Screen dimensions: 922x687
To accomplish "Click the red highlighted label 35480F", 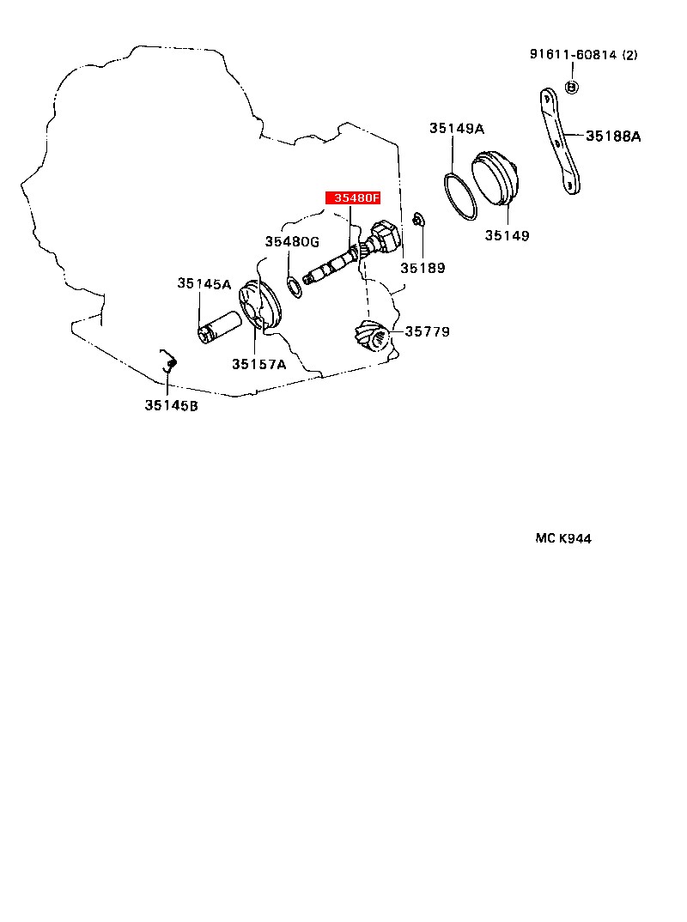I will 351,198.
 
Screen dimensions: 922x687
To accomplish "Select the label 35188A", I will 613,136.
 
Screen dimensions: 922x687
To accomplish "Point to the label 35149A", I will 457,129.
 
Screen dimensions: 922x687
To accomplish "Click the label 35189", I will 423,268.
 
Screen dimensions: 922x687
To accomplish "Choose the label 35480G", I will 292,241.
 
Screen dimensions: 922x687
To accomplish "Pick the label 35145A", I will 204,283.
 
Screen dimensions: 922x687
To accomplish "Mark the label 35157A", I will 258,364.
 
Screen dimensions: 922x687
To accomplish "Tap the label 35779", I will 428,331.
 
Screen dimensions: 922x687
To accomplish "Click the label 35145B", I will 171,405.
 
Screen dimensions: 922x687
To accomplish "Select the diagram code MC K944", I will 563,538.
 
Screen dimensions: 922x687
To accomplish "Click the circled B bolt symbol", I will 573,87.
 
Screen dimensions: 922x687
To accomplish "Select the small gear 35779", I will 371,335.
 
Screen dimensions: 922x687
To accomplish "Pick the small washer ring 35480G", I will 294,286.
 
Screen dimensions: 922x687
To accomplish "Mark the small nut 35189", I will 416,221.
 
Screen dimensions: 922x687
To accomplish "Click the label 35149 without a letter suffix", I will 506,235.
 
